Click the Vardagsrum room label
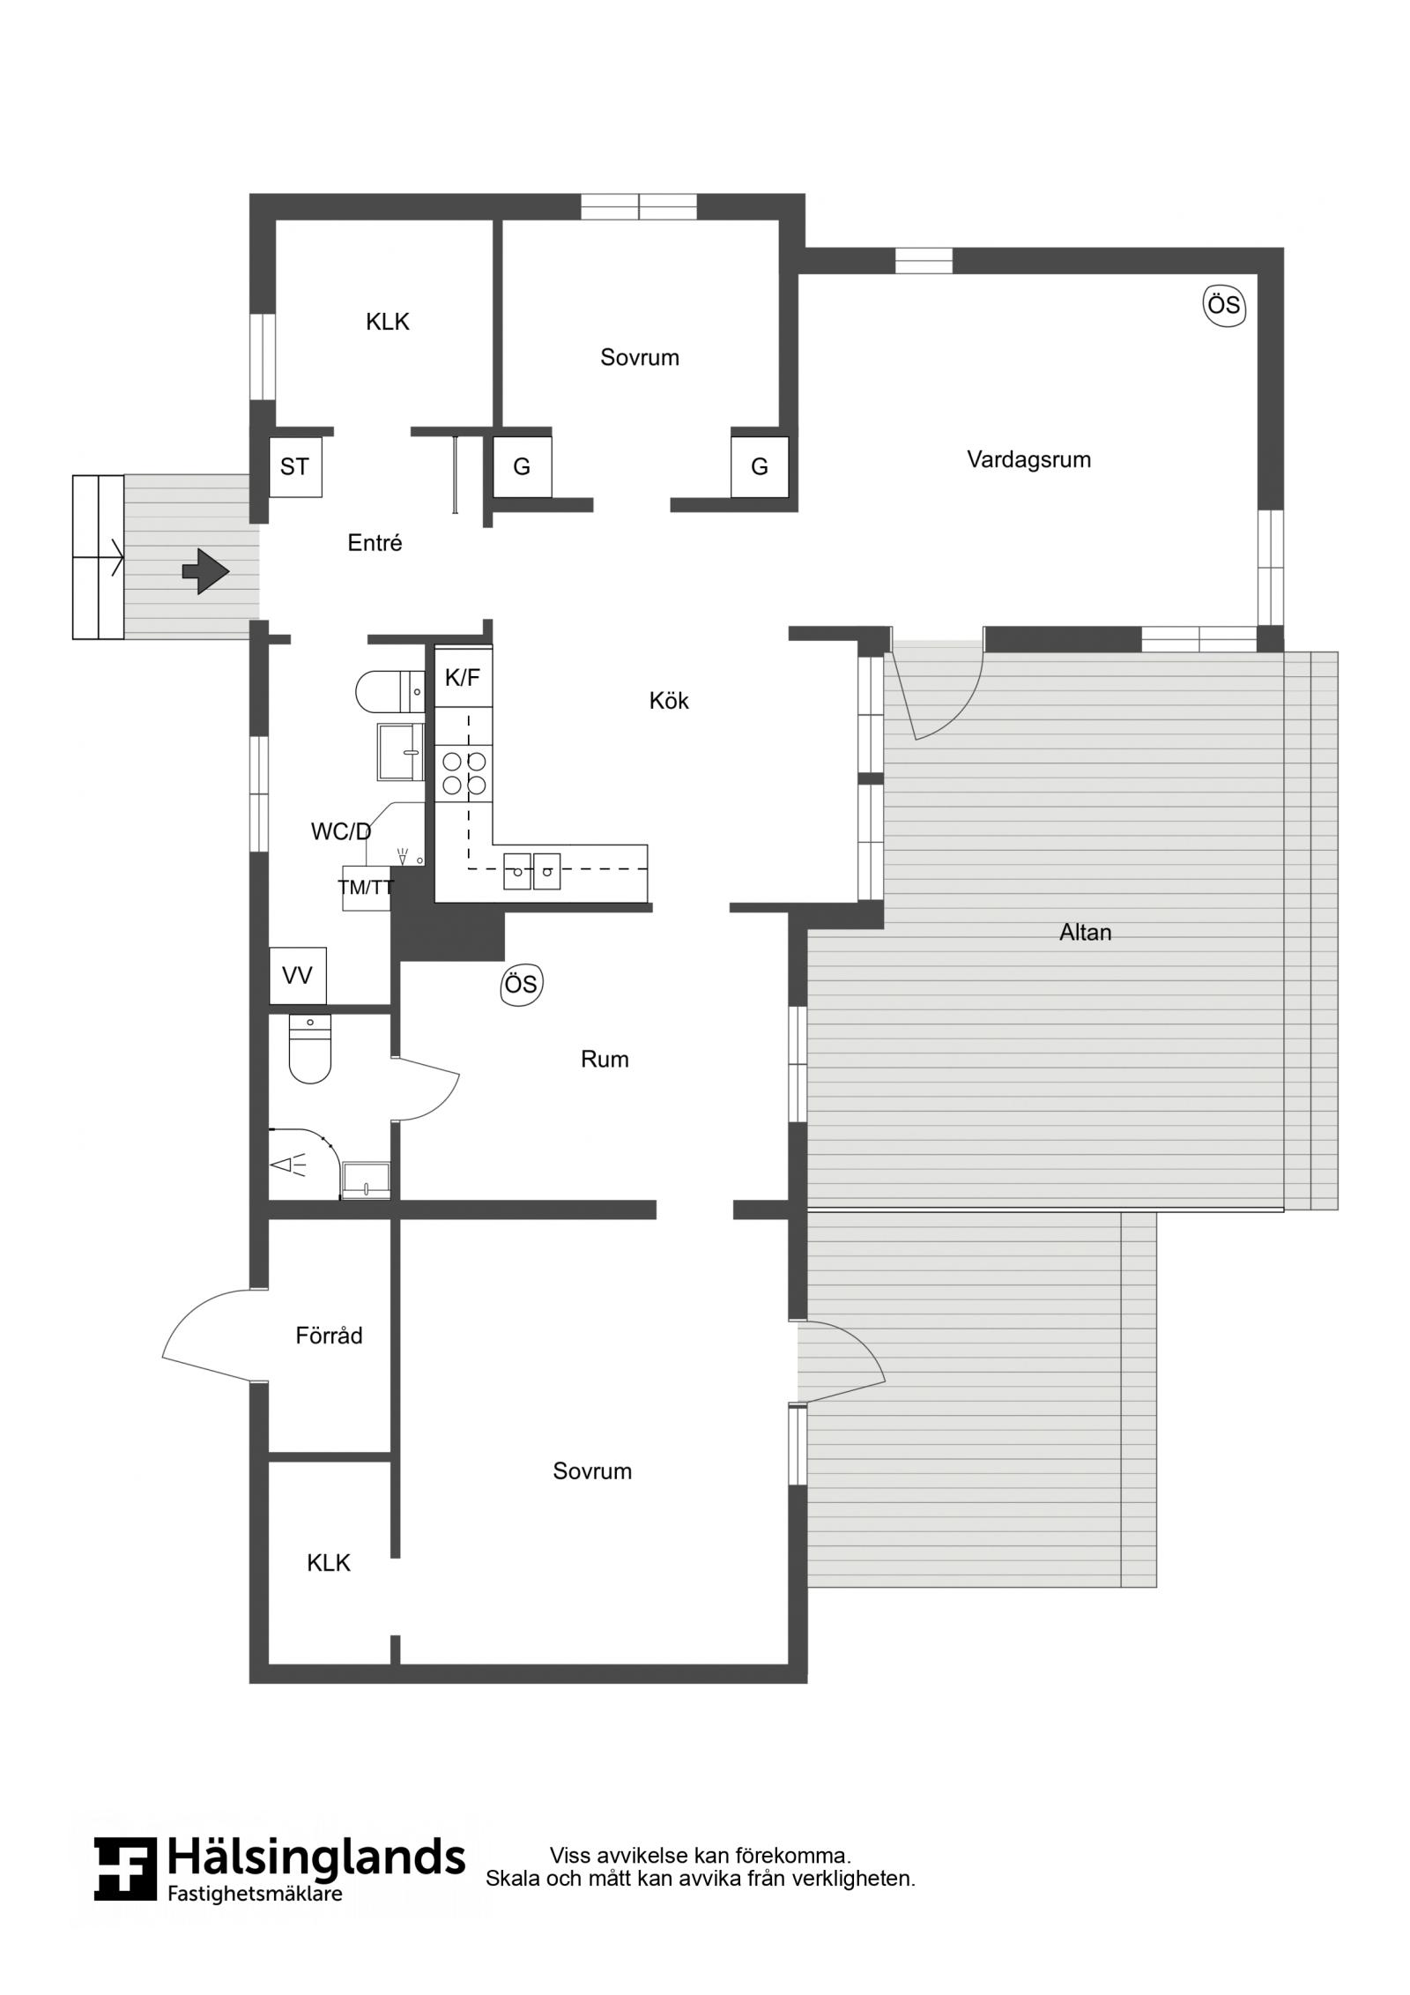tap(1028, 459)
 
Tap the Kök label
tap(669, 701)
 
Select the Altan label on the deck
tap(1085, 932)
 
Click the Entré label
tap(375, 543)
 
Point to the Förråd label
tap(329, 1336)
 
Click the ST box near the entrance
tap(295, 466)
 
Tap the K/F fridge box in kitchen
tap(464, 678)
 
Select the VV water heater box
tap(298, 976)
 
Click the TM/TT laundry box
tap(366, 888)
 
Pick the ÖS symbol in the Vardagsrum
tap(1224, 306)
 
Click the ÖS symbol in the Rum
tap(521, 984)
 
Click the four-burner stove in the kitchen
tap(464, 772)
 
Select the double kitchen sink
tap(531, 871)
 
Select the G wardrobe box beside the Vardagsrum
tap(760, 467)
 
